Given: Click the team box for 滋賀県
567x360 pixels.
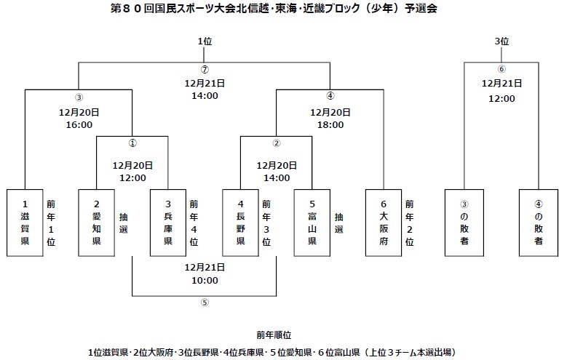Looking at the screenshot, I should [x=25, y=223].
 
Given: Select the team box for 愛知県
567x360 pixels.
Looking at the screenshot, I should [x=96, y=223].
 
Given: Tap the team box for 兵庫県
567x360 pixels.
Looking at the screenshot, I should [x=167, y=223].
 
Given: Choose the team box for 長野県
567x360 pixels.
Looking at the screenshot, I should [x=240, y=223].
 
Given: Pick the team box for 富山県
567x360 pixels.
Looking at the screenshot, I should [x=312, y=223].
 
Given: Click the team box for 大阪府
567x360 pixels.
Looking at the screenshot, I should [x=384, y=223].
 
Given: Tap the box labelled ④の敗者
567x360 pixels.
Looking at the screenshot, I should [x=538, y=223].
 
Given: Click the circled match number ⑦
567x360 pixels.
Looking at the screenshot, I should [x=205, y=70].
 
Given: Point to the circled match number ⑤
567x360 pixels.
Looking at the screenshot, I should [x=205, y=303].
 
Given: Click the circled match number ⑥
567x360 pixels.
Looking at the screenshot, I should [x=501, y=70].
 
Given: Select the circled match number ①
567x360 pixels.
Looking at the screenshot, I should [x=132, y=143].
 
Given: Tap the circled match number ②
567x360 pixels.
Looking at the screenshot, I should [x=277, y=143].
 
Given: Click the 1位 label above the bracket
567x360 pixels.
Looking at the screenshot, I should [x=205, y=41].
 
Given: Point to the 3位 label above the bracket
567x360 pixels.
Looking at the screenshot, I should [x=501, y=41].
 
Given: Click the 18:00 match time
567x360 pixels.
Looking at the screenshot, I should [x=330, y=124].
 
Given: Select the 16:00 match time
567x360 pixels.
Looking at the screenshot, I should [x=79, y=124].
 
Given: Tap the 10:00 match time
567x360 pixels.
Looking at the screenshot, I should [x=205, y=280].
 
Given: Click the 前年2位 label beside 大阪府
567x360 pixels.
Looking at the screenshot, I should [x=410, y=223].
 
